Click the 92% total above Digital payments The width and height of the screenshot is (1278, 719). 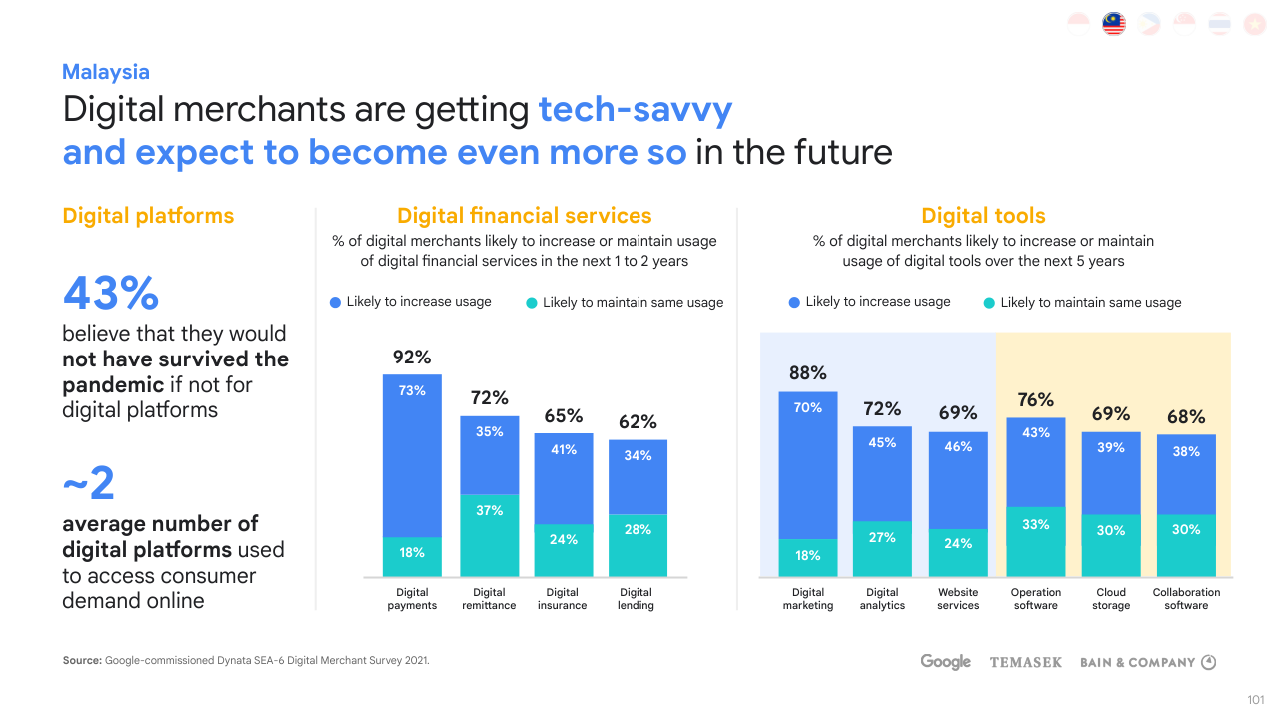pos(412,358)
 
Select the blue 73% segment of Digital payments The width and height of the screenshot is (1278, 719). pos(412,455)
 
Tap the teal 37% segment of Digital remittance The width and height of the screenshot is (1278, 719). pos(489,535)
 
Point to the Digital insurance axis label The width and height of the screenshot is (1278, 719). pos(563,599)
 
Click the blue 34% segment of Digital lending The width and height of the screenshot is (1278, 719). pos(638,477)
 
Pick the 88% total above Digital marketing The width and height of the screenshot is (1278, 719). pos(808,373)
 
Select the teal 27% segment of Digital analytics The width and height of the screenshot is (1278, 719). pos(882,548)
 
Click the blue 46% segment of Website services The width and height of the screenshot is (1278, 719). pos(958,480)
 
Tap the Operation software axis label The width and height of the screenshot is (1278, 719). pos(1036,599)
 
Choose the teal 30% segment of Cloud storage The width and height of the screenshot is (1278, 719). pos(1111,545)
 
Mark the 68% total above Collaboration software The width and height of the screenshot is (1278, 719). pos(1186,417)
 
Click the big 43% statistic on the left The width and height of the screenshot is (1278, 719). pos(111,294)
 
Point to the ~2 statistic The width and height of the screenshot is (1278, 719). pos(89,485)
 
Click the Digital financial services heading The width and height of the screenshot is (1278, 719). pos(525,216)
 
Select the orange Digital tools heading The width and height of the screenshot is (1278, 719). pos(983,216)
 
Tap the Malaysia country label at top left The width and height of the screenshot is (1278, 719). pos(106,72)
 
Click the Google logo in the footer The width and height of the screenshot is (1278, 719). pos(946,662)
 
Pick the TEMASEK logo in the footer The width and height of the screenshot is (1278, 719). pos(1025,662)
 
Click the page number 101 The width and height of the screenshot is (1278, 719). pos(1256,699)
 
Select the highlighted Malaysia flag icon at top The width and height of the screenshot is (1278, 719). pos(1114,24)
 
